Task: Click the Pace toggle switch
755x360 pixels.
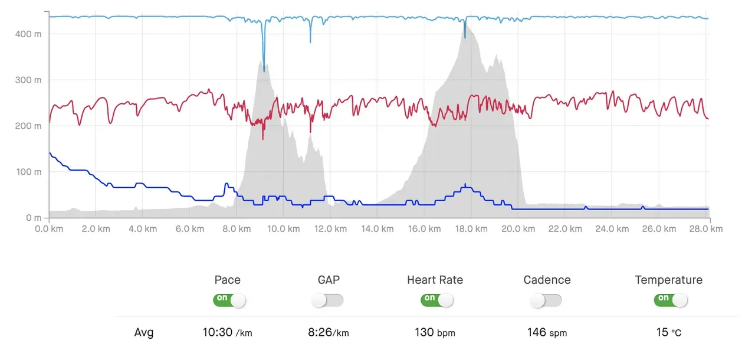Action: click(x=229, y=300)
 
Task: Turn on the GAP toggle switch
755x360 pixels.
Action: click(x=328, y=300)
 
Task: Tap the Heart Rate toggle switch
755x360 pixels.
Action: click(x=436, y=300)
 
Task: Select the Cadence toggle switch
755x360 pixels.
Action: click(x=546, y=300)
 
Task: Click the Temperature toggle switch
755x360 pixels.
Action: click(x=670, y=300)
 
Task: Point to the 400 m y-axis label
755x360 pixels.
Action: click(x=28, y=34)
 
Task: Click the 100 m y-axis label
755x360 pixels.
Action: click(x=28, y=172)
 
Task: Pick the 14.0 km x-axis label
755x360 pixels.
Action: click(x=377, y=229)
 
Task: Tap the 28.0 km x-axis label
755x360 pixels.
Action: click(x=708, y=229)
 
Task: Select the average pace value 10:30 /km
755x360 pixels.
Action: click(x=227, y=332)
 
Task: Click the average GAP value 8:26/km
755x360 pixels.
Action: click(x=328, y=332)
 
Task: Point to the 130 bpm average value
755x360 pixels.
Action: click(x=435, y=332)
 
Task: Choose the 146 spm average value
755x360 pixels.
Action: click(x=547, y=332)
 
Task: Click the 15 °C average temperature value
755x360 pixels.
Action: click(x=668, y=332)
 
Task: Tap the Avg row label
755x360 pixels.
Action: click(x=144, y=332)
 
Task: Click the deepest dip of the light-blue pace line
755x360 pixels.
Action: click(x=264, y=71)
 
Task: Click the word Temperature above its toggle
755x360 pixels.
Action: click(x=668, y=280)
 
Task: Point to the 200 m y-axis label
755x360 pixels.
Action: click(x=28, y=126)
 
